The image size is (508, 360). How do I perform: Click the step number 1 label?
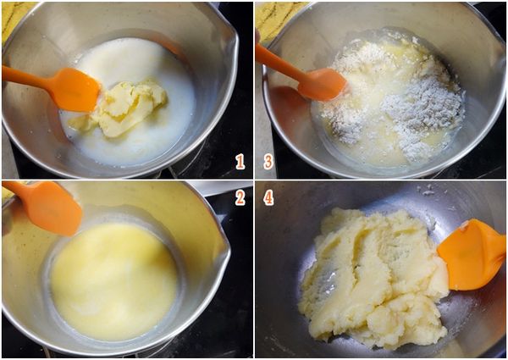pyautogui.click(x=240, y=162)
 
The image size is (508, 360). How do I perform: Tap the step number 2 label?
pyautogui.click(x=240, y=197)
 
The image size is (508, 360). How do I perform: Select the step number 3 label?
pyautogui.click(x=268, y=162)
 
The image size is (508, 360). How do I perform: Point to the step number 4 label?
pyautogui.click(x=268, y=197)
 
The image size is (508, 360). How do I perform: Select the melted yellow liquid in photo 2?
pyautogui.click(x=114, y=281)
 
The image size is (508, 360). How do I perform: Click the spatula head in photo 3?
pyautogui.click(x=323, y=85)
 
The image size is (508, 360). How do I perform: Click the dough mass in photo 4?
pyautogui.click(x=373, y=278)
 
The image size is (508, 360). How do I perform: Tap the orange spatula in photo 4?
pyautogui.click(x=472, y=254)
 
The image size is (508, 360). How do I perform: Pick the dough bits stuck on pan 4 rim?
pyautogui.click(x=427, y=191)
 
